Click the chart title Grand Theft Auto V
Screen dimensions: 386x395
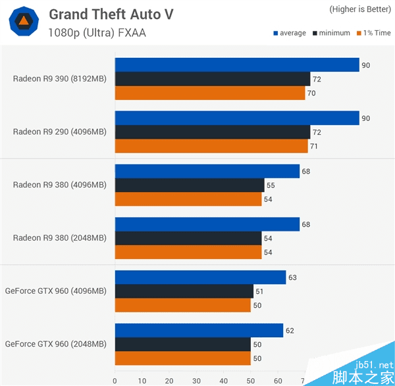(x=111, y=14)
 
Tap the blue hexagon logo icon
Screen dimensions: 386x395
(x=23, y=22)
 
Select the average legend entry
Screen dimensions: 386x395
(x=289, y=34)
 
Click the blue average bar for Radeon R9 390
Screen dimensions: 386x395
(x=237, y=64)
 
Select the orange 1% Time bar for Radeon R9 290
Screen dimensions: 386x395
(x=211, y=146)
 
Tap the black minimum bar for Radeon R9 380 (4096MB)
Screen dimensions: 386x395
(x=190, y=185)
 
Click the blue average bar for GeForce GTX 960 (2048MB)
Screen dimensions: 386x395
(x=199, y=330)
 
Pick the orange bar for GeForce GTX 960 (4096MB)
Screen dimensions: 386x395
(x=182, y=305)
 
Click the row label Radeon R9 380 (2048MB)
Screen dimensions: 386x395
(x=59, y=238)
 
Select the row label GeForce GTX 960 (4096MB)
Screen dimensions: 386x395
(x=55, y=291)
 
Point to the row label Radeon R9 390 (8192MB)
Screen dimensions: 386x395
(x=59, y=79)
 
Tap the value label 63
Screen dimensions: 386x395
(x=292, y=277)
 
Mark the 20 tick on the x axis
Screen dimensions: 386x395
(x=169, y=380)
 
